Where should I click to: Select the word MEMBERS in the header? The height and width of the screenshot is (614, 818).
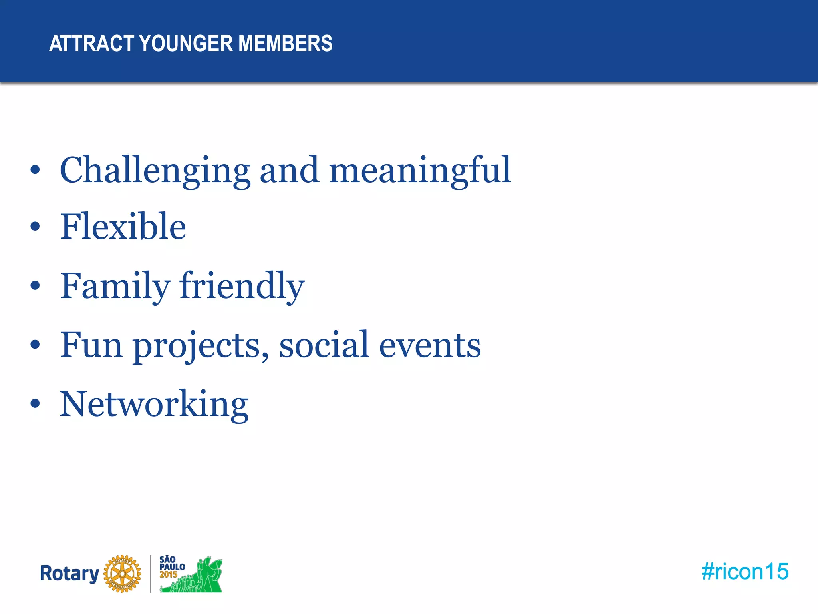(285, 43)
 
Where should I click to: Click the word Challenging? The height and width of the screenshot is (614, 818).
(155, 170)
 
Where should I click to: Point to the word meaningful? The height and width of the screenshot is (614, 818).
(420, 170)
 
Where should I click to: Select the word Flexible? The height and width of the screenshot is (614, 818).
(123, 227)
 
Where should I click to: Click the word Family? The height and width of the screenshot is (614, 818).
(115, 286)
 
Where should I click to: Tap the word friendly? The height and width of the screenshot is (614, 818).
(242, 286)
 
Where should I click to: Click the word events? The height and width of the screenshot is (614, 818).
(430, 345)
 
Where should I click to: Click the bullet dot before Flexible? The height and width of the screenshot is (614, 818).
(35, 227)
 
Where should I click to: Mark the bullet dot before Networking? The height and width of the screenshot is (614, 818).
(35, 404)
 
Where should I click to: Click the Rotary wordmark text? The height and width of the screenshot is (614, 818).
(69, 573)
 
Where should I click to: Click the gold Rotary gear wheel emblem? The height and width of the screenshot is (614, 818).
(122, 574)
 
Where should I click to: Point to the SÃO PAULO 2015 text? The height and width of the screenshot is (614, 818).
(172, 567)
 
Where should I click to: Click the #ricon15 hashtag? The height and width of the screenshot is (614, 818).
(745, 572)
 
